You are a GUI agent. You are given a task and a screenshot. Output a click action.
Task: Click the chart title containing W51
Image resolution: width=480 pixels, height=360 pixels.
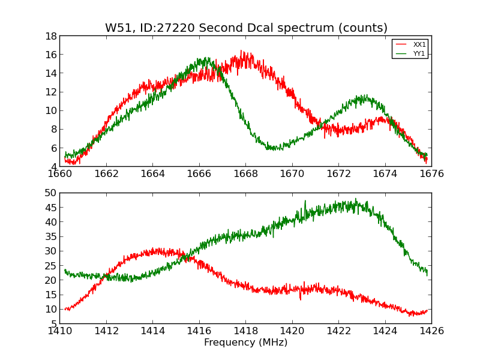tap(246, 28)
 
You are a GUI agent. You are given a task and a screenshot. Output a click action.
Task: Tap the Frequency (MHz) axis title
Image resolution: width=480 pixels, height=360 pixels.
tap(245, 343)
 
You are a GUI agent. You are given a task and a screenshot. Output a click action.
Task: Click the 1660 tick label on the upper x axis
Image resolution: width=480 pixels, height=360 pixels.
tap(60, 174)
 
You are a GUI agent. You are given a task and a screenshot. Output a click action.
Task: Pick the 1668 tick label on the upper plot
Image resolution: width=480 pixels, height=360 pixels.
tap(245, 174)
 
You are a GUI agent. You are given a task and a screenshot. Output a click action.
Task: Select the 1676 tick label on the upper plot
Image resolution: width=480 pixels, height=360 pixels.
tap(431, 174)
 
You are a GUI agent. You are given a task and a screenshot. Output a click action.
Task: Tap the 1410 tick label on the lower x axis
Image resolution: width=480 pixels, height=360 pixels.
tap(60, 331)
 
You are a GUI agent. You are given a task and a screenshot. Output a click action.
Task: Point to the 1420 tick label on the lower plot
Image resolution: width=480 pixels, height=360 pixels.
tap(292, 331)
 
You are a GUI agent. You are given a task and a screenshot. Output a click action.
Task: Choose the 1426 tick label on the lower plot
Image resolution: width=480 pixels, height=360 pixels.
tap(431, 331)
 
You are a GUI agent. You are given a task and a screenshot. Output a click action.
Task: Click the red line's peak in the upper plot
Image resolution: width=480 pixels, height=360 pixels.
tap(242, 52)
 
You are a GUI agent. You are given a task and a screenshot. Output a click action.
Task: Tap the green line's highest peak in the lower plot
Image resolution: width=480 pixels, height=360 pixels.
tap(355, 199)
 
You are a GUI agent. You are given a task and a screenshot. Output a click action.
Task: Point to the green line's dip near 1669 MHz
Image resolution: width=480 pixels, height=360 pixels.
tap(273, 148)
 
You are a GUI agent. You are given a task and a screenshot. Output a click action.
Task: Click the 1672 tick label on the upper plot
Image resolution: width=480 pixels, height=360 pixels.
tap(338, 174)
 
